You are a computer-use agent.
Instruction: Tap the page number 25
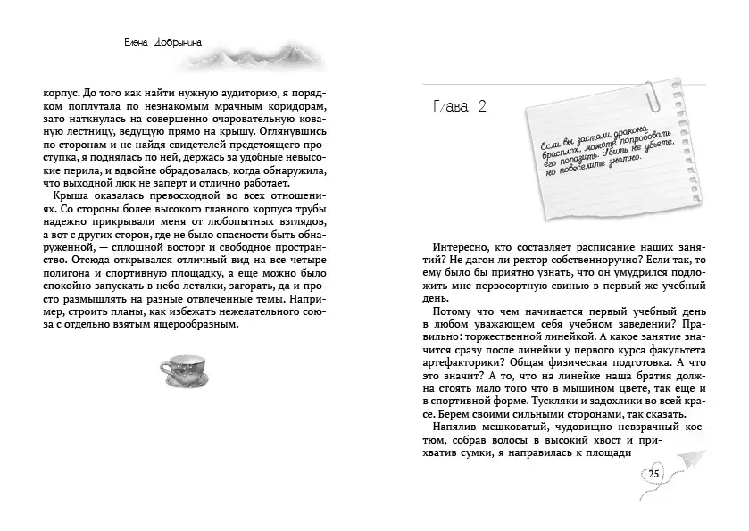click(654, 473)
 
